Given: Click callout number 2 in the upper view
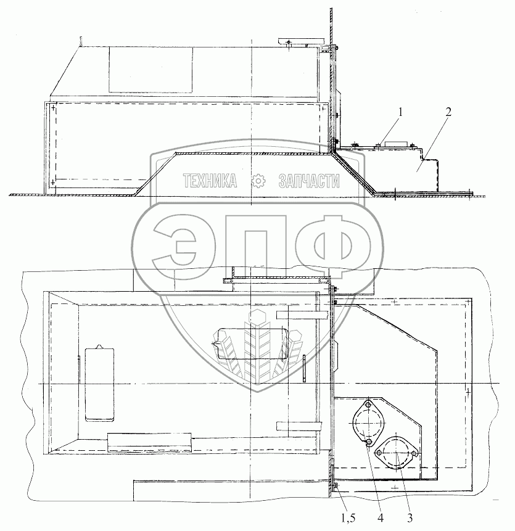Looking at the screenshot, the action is pyautogui.click(x=448, y=112).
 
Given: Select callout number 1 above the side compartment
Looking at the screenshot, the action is pyautogui.click(x=400, y=112).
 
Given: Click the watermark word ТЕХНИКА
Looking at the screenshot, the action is pyautogui.click(x=210, y=181).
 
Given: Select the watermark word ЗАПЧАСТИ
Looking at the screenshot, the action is pyautogui.click(x=309, y=181).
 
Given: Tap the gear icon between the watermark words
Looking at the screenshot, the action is pyautogui.click(x=258, y=181).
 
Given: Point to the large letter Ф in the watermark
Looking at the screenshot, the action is pyautogui.click(x=333, y=248).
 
